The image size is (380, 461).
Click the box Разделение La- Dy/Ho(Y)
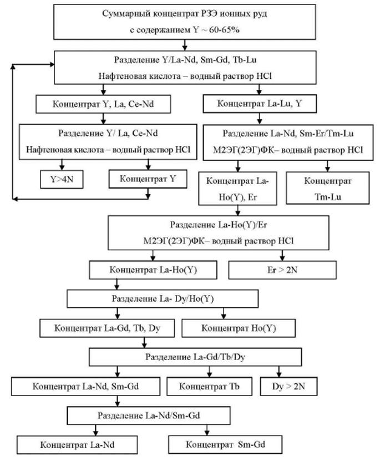point(163,298)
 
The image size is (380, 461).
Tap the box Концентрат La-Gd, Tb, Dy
point(107,327)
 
